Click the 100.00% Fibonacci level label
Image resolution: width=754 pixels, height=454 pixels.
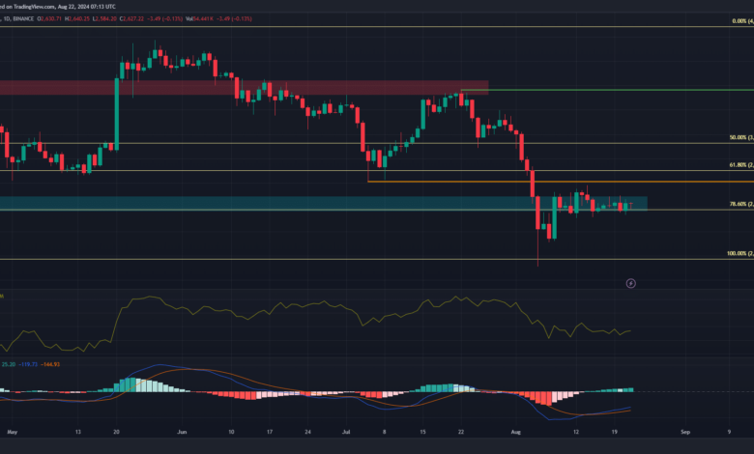[x=737, y=254]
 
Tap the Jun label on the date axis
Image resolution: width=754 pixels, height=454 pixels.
[x=181, y=431]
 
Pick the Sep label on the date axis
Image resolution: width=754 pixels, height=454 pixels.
[x=684, y=431]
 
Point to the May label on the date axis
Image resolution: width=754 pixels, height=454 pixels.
[x=12, y=431]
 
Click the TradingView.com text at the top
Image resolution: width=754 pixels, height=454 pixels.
[x=48, y=5]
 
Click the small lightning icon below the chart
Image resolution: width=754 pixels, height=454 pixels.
[x=630, y=283]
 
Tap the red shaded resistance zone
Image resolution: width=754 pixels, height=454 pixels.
[x=242, y=87]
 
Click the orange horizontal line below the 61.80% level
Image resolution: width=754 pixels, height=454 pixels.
[x=580, y=182]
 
